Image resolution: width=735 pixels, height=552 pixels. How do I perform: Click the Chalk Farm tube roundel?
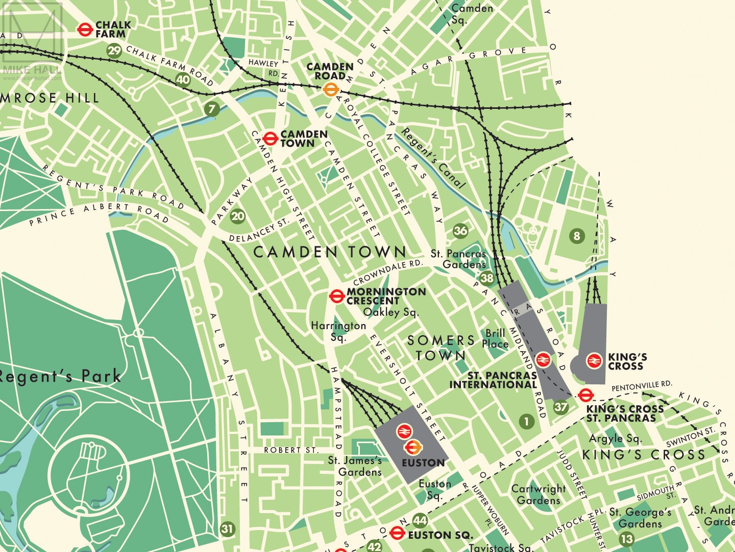coord(85,30)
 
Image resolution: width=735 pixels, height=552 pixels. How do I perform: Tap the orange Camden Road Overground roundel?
coord(331,90)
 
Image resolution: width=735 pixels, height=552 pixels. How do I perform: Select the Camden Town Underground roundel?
coord(270,138)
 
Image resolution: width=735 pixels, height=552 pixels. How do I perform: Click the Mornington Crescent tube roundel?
coord(336,296)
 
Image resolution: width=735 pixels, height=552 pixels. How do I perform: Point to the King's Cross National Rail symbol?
coord(594,361)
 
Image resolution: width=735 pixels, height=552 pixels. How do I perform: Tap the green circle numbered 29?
coord(114,50)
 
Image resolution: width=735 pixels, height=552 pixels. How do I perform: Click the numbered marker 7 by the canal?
coord(211,108)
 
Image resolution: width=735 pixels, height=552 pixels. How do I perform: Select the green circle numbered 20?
coord(238,216)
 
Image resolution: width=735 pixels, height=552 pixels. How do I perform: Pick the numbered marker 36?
coord(460,231)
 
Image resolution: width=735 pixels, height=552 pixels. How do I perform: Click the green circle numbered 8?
coord(577,236)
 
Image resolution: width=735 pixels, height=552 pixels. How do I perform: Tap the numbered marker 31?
coord(228,529)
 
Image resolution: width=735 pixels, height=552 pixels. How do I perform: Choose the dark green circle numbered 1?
coord(526,422)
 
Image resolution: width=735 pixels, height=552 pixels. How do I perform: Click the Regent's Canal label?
coord(433,158)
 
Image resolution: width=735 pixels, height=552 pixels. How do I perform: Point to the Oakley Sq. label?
coord(390,312)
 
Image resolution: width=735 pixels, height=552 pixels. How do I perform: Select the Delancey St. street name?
coord(259,231)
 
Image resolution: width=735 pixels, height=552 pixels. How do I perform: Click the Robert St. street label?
coord(291,450)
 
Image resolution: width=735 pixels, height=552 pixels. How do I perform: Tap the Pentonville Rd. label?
coord(642,386)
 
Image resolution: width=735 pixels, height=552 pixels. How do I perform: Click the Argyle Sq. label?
coord(615,439)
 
